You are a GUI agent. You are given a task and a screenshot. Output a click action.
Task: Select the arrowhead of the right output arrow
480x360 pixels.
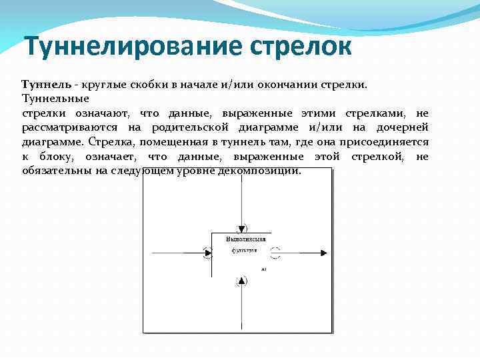[324, 253]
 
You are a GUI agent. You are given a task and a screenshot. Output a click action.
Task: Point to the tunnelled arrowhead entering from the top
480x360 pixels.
[241, 228]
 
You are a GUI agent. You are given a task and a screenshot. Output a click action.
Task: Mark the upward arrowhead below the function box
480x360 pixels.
[241, 281]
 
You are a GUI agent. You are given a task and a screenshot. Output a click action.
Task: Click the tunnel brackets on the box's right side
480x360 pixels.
[276, 253]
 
